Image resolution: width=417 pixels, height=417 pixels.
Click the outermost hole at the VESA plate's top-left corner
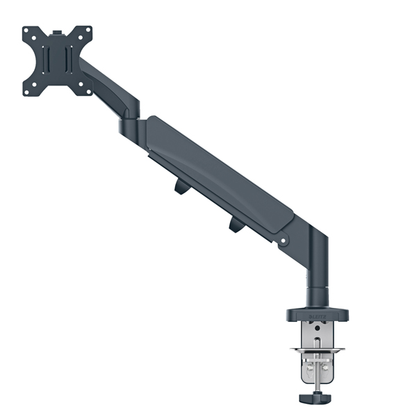pos(28,32)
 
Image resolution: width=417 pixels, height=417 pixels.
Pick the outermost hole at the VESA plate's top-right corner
pos(88,30)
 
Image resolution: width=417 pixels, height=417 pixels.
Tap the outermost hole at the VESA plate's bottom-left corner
pos(29,91)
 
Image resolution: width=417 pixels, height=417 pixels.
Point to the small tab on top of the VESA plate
pos(58,31)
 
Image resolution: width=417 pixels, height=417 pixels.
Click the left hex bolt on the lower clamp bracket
pos(304,363)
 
